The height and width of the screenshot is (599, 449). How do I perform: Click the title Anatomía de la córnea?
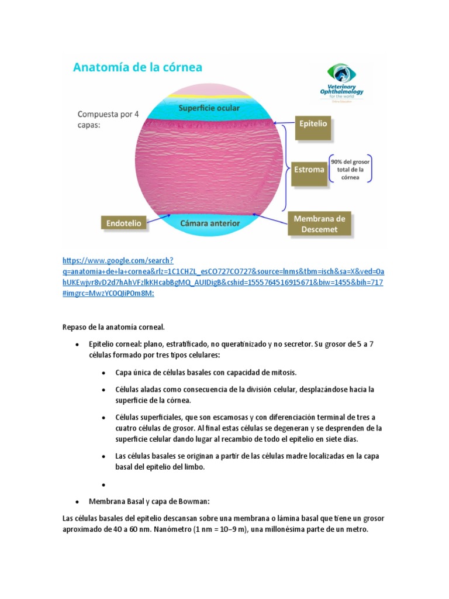137,67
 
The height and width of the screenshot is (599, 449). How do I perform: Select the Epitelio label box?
313,124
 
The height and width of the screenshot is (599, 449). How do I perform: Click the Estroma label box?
309,170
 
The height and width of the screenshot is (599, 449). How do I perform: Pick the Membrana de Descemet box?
319,223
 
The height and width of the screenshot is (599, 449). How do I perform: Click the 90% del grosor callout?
350,170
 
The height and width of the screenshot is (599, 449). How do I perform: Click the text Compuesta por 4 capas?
108,119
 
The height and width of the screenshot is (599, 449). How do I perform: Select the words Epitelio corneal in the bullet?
113,344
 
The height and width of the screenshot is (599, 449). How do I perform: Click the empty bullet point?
103,485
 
